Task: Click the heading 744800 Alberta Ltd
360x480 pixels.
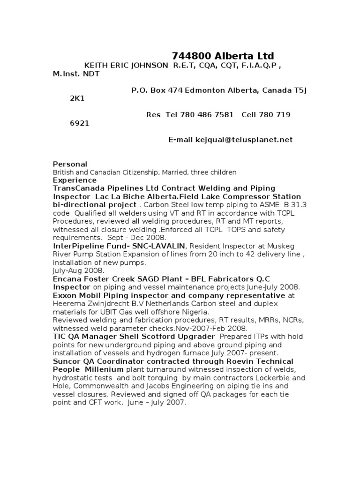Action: click(x=223, y=56)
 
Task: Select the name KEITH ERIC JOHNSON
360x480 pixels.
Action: click(x=126, y=66)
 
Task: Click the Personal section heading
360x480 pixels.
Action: click(x=70, y=164)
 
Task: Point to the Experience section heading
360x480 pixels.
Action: click(x=75, y=180)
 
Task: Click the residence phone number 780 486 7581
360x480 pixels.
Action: click(x=210, y=115)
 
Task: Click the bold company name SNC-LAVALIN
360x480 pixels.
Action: click(x=164, y=246)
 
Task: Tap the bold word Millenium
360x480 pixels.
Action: click(x=105, y=369)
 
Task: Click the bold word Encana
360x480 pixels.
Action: click(x=66, y=279)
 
